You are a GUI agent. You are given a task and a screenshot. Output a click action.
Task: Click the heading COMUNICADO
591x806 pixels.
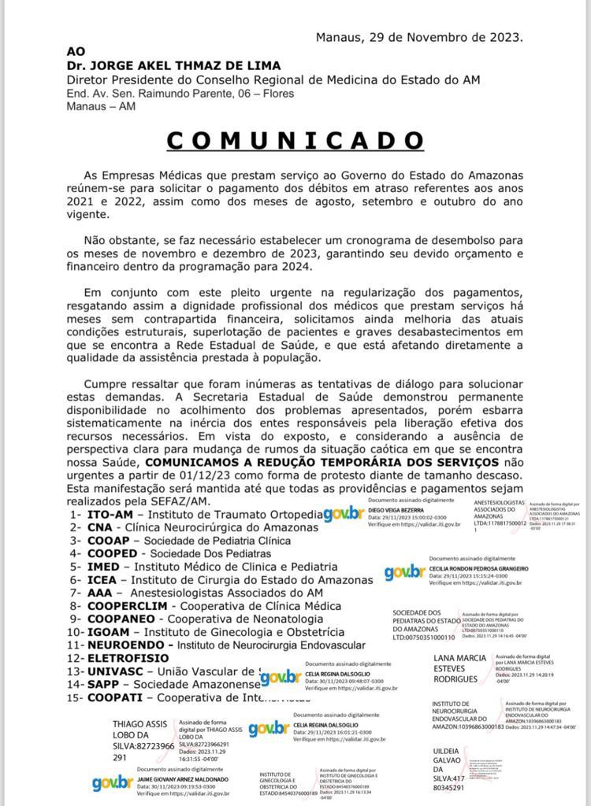click(x=295, y=141)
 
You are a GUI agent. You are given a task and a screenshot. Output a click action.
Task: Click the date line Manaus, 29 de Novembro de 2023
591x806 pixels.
click(x=418, y=37)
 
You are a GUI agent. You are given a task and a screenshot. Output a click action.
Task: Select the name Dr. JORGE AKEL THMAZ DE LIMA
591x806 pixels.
click(x=173, y=65)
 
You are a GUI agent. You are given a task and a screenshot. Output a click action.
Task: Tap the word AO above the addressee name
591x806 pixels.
click(x=76, y=51)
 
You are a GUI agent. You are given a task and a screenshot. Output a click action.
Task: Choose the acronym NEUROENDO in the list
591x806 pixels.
click(x=127, y=644)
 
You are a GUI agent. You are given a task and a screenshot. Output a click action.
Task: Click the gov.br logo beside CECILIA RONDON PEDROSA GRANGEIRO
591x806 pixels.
click(x=403, y=573)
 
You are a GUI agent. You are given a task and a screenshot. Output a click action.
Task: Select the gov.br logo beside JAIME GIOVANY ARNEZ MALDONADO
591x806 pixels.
click(x=112, y=782)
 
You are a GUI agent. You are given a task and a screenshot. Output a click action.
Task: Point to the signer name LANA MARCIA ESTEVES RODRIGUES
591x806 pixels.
click(x=461, y=668)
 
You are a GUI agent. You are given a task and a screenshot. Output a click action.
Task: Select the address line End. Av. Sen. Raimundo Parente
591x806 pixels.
click(x=180, y=94)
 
